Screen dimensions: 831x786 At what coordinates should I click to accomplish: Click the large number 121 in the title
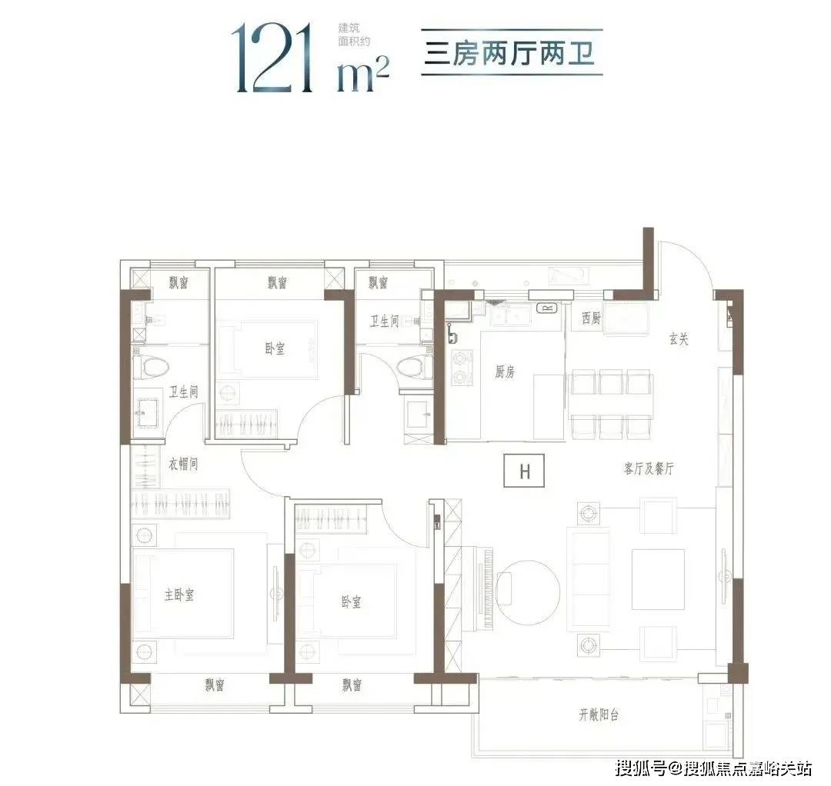[272, 57]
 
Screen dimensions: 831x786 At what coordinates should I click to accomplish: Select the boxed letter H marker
[525, 471]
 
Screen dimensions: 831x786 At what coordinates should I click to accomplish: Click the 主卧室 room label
[179, 594]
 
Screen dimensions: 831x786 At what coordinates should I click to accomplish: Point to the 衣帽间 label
[183, 465]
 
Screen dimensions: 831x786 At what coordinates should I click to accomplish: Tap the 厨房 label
[505, 372]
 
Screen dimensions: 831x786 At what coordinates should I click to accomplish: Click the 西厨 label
[592, 318]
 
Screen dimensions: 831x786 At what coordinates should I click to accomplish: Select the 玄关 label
[679, 339]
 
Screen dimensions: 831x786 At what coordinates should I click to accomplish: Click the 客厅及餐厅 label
[649, 468]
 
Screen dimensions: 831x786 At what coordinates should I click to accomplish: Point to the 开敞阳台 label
[599, 715]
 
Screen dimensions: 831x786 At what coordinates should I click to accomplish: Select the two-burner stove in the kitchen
[461, 368]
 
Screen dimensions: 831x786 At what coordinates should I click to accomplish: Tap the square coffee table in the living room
[658, 579]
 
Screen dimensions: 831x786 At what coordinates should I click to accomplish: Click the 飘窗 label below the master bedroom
[215, 684]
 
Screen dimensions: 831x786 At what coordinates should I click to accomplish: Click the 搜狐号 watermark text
[640, 768]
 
